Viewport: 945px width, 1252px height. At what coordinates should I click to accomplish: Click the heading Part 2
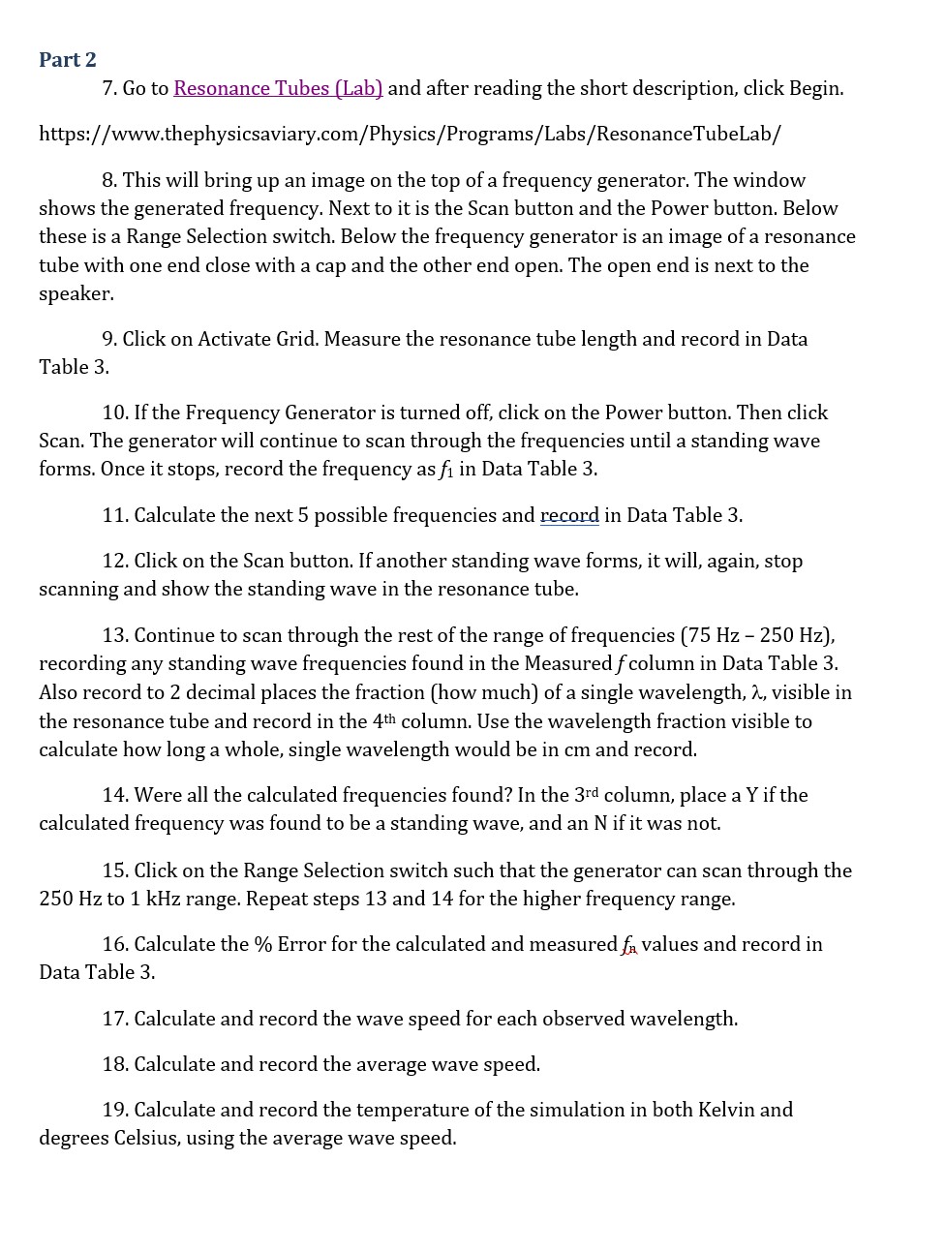coord(68,60)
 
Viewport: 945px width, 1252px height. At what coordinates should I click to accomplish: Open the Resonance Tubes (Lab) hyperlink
coord(278,88)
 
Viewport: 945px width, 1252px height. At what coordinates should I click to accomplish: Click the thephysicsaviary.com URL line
coord(410,134)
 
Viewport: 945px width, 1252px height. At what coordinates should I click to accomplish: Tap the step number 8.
coord(109,180)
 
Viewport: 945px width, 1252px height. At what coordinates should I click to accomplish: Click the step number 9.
coord(109,339)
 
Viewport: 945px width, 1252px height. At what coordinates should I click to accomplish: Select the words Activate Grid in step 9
coord(258,339)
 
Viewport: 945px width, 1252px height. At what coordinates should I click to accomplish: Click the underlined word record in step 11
coord(569,515)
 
